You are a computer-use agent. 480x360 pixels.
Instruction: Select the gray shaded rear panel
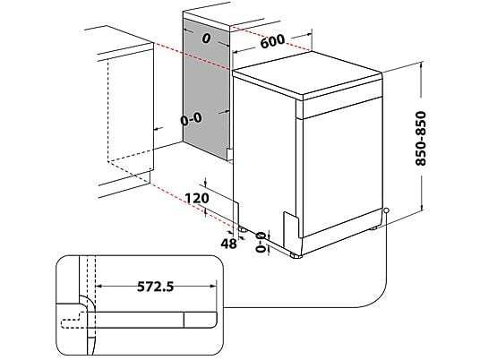coord(206,90)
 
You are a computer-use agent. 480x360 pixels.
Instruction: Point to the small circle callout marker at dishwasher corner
coord(385,211)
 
